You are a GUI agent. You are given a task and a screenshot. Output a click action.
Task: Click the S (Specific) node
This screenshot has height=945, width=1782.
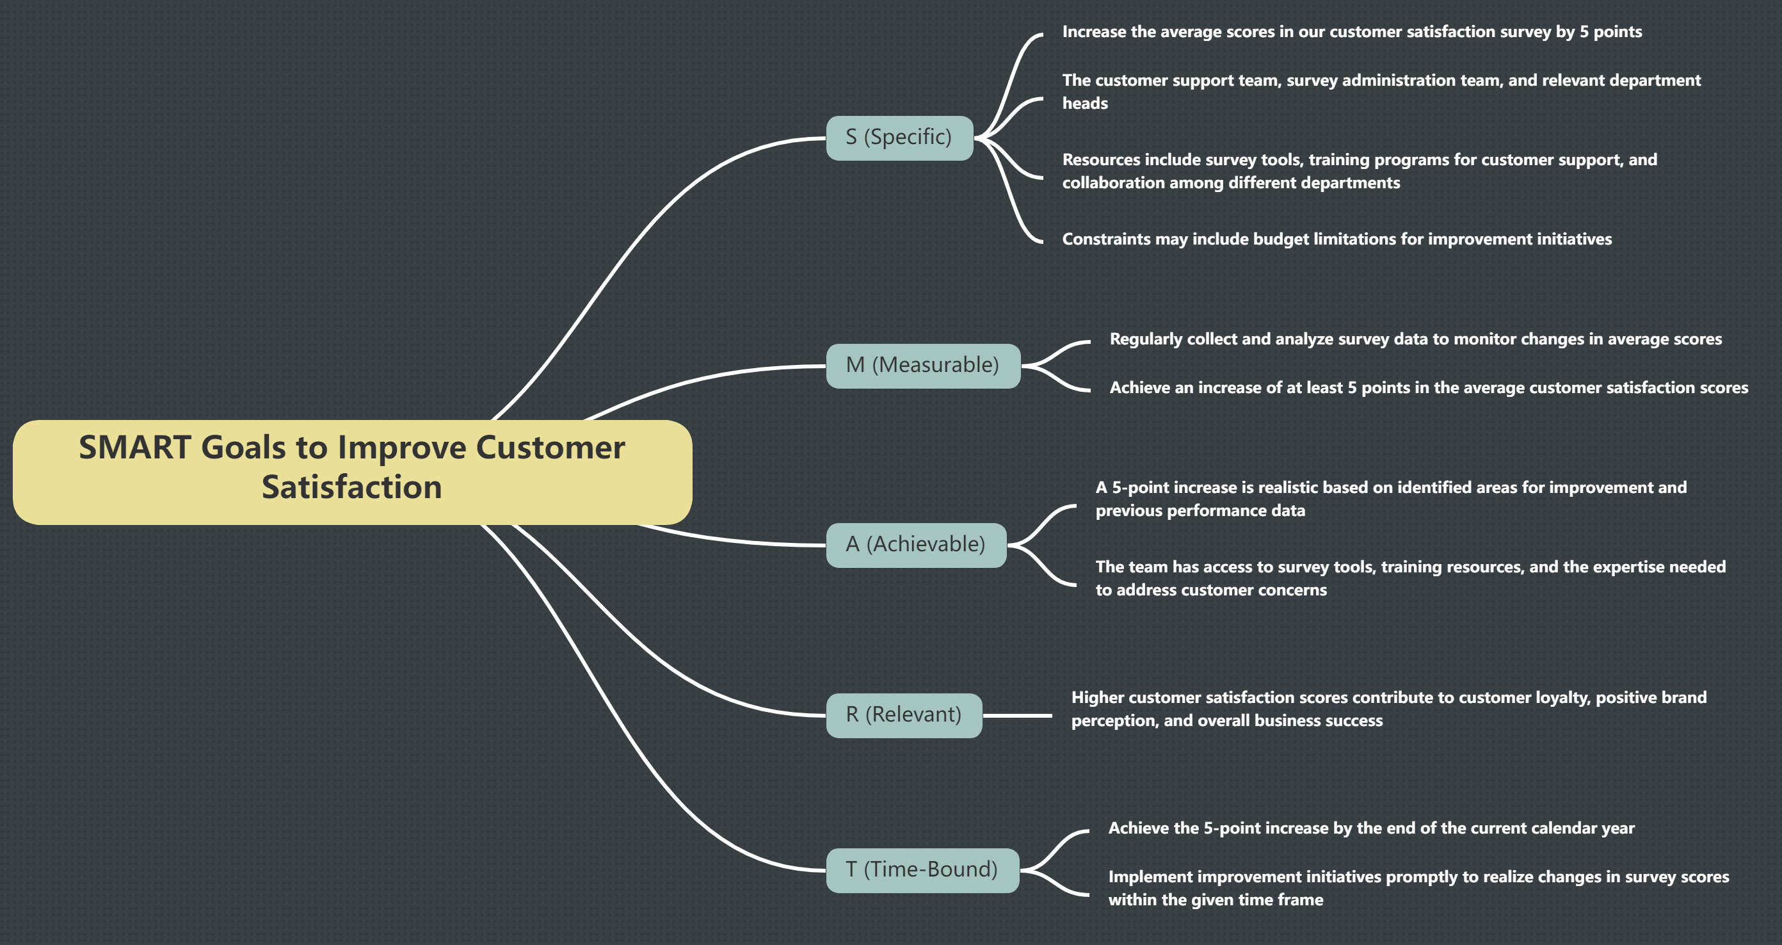(x=899, y=138)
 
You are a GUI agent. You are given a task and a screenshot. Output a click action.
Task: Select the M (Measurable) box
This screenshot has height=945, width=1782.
(x=923, y=366)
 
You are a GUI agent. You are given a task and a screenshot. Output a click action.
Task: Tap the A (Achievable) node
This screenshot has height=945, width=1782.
(x=916, y=544)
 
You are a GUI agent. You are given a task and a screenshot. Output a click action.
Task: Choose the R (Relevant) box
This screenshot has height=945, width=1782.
(x=903, y=715)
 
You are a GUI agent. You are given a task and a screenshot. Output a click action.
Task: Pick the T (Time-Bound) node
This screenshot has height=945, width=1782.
(x=922, y=869)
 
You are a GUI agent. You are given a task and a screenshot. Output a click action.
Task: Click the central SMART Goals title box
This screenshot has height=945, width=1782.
(x=351, y=472)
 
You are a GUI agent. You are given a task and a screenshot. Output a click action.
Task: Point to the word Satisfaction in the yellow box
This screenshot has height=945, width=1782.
(x=351, y=488)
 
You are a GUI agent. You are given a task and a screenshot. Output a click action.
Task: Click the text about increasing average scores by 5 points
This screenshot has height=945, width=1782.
(x=1351, y=32)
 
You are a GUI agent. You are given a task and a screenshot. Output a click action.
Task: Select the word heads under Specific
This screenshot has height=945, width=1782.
(x=1085, y=104)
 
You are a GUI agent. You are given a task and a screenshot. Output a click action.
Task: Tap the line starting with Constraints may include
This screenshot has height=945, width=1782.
(x=1336, y=239)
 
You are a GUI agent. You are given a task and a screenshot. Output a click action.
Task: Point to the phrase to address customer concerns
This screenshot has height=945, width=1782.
(x=1210, y=590)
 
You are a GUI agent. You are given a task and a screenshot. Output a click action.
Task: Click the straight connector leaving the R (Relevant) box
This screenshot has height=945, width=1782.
(x=1017, y=715)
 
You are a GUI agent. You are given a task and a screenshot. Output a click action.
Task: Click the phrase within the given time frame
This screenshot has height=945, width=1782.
(x=1215, y=900)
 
